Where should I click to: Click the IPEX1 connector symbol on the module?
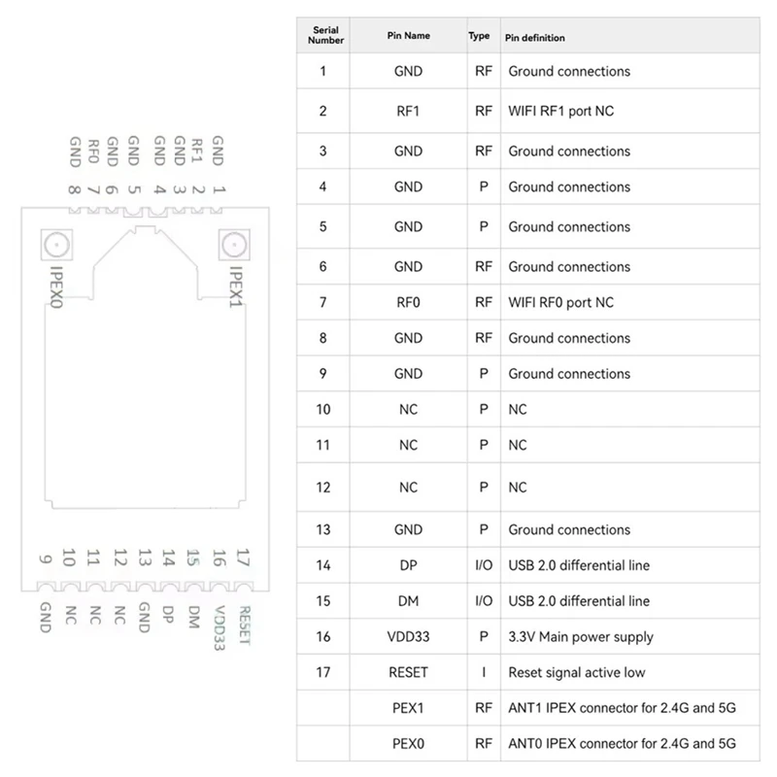[x=233, y=244]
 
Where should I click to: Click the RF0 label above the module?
[x=93, y=150]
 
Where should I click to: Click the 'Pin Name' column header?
[x=408, y=36]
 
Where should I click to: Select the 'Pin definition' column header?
[x=535, y=38]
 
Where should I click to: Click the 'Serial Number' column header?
[x=325, y=36]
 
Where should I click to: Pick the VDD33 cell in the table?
[x=408, y=637]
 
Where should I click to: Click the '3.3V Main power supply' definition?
[x=580, y=637]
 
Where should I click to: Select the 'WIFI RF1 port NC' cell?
[x=560, y=111]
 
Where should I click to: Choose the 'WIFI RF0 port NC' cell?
[x=560, y=302]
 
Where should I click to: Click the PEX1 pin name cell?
[x=408, y=708]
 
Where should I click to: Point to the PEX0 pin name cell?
[x=408, y=743]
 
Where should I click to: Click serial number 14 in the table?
[x=323, y=565]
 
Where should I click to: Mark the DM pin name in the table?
[x=408, y=601]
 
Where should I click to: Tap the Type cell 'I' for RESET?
[x=484, y=672]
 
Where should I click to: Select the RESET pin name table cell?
[x=408, y=672]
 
